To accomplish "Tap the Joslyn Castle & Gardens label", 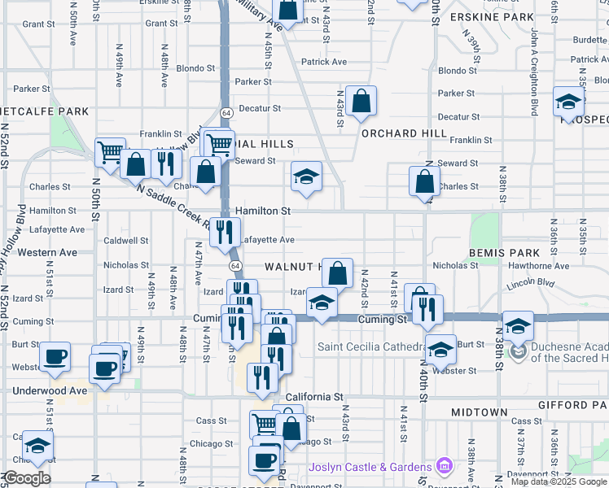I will coord(370,467).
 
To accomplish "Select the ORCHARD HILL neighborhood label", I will coord(404,133).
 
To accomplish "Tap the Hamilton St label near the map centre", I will coord(262,211).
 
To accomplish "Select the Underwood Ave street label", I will coord(50,390).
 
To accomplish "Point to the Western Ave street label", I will coord(47,252).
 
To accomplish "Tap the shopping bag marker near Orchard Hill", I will coord(361,102).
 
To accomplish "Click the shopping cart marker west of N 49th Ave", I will coord(110,150).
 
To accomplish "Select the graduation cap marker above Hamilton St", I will coord(305,176).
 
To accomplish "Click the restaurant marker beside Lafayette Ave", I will coord(224,233).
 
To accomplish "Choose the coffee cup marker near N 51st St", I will coord(55,356).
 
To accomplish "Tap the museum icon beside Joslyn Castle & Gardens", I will coord(445,467).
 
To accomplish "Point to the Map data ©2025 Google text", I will coord(558,481).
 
